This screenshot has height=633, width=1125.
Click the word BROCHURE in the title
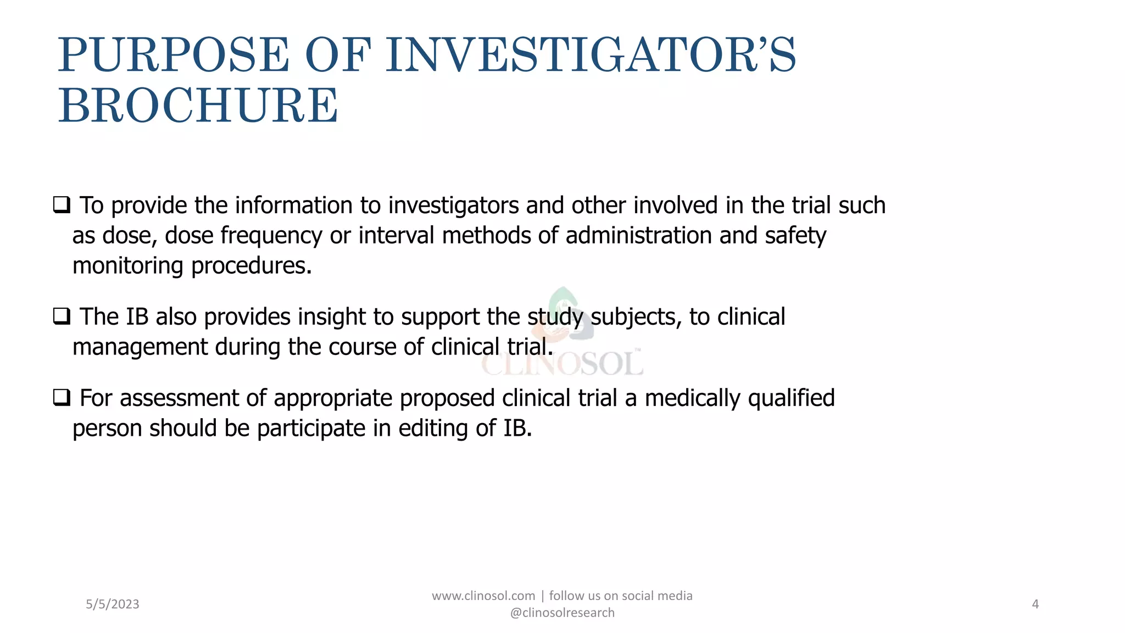(x=198, y=105)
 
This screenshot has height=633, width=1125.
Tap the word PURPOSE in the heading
(x=174, y=55)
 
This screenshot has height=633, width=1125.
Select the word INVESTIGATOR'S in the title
(x=591, y=55)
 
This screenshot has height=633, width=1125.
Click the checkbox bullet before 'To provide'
(x=62, y=205)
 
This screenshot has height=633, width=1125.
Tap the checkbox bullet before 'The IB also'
(x=62, y=316)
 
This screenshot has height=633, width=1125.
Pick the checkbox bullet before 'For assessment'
(x=62, y=397)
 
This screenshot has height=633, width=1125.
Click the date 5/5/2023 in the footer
(x=113, y=604)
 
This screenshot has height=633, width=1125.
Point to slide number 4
(x=1035, y=604)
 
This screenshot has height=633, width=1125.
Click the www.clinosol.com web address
(x=483, y=596)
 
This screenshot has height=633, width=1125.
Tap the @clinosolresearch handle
(x=562, y=613)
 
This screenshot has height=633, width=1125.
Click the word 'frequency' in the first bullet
(x=271, y=236)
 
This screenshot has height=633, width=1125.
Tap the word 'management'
(x=140, y=347)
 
